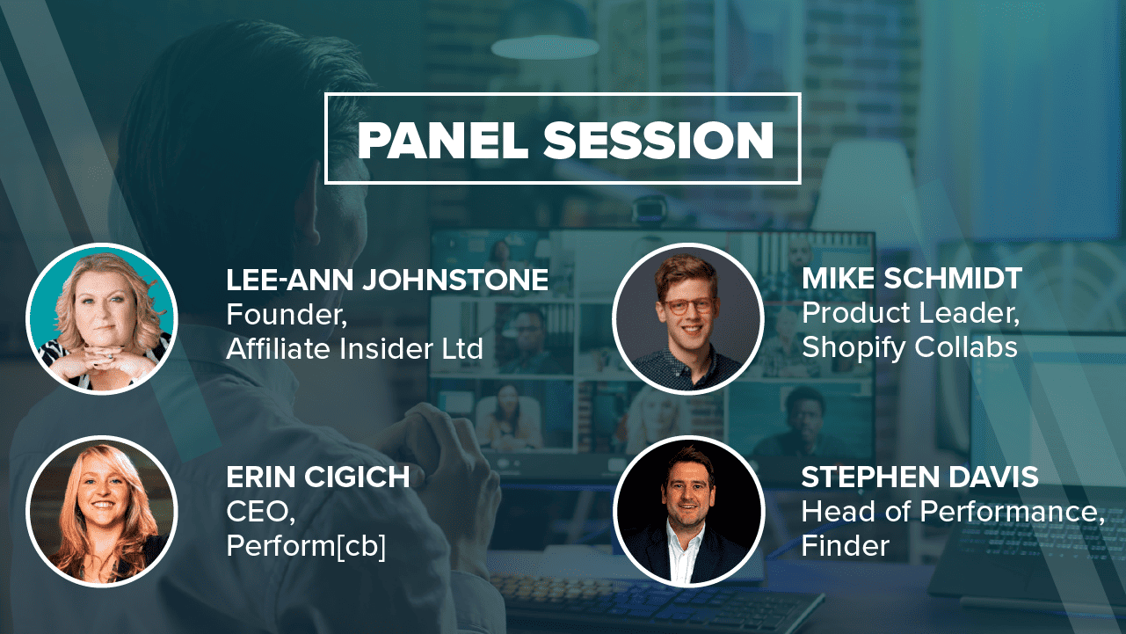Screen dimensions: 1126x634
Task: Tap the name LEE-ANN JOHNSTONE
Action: tap(387, 280)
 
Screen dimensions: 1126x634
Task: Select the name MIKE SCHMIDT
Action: tap(912, 278)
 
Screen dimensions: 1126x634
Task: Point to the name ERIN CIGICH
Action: tap(318, 477)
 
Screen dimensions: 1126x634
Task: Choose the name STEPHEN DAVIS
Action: tap(920, 477)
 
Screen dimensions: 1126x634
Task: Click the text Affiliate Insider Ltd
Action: tap(354, 348)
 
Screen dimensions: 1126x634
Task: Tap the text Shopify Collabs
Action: tap(910, 348)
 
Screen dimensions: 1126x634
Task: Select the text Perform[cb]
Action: tap(306, 546)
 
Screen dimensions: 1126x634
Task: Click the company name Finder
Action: tap(846, 545)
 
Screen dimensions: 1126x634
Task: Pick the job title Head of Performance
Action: tap(950, 512)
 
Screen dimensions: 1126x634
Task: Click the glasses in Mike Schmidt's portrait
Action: tap(688, 306)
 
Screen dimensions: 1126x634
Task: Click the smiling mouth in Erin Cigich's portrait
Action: tap(103, 504)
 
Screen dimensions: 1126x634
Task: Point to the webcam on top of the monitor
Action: tap(649, 208)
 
